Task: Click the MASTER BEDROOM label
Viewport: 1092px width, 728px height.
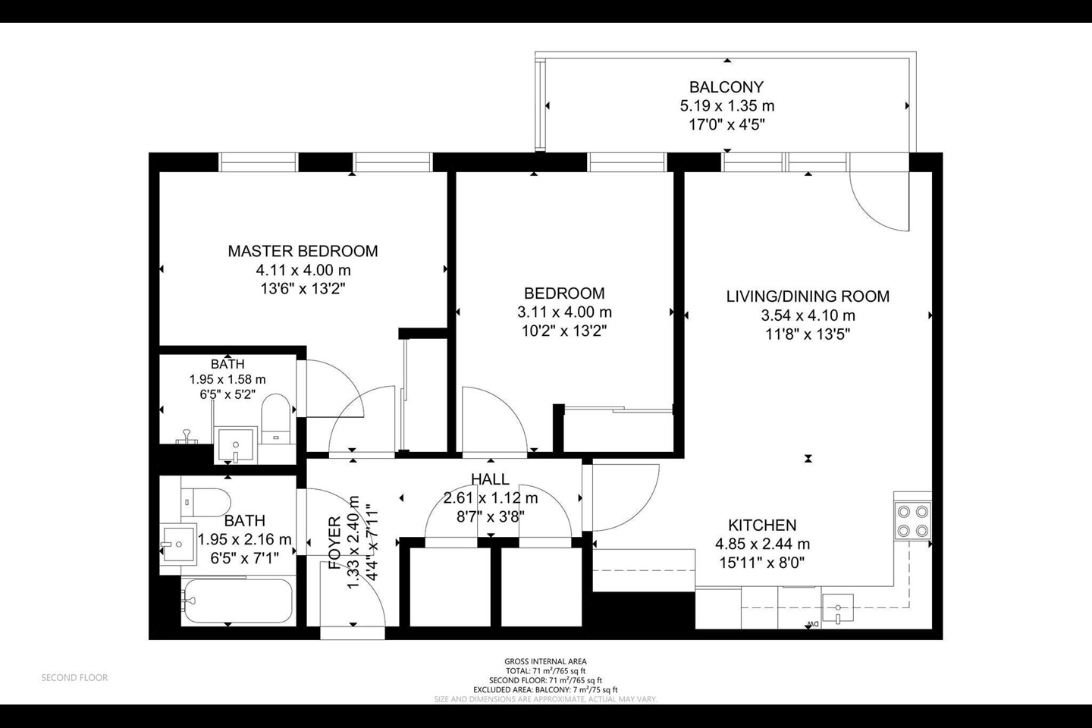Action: (x=303, y=251)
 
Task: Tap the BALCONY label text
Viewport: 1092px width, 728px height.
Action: (x=726, y=87)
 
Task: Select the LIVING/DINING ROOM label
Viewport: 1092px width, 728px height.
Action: (x=808, y=297)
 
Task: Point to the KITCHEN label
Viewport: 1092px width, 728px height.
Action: (x=762, y=525)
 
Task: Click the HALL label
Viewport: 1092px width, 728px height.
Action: (x=490, y=479)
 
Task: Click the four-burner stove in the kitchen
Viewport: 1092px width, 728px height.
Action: (x=912, y=520)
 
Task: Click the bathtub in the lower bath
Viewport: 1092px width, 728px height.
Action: (x=237, y=601)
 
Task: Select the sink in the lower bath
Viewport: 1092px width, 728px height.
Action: (x=178, y=542)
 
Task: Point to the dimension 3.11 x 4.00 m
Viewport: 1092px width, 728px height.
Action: (x=564, y=312)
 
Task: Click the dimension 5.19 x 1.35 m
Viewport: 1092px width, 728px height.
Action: (x=726, y=106)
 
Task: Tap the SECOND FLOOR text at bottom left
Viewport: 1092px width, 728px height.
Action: (x=74, y=677)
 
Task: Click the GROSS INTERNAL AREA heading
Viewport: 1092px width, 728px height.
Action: (x=545, y=661)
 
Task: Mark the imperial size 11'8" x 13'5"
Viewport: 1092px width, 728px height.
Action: (x=808, y=334)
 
